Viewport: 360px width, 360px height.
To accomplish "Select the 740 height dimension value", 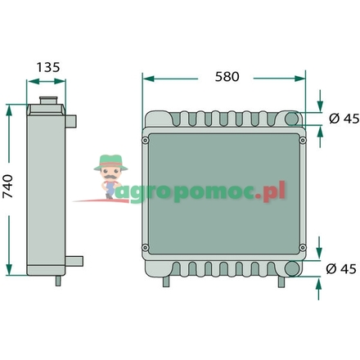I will click(x=11, y=190).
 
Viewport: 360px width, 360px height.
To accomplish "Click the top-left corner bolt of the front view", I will click(x=146, y=140).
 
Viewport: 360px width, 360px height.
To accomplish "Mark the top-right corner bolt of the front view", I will click(x=304, y=140).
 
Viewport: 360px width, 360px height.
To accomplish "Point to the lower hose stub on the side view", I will click(x=75, y=261).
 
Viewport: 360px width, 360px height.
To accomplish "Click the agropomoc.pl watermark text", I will click(x=205, y=191).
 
